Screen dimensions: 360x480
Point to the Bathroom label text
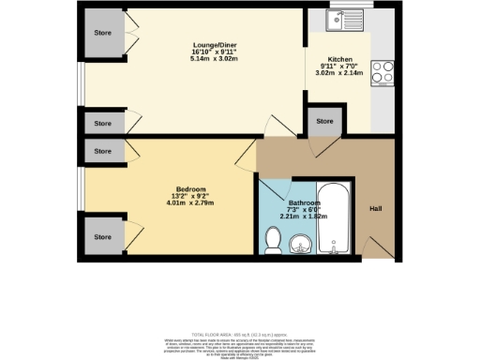tap(305, 203)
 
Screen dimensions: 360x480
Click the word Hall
tap(374, 208)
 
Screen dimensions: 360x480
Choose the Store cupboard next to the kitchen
tap(324, 122)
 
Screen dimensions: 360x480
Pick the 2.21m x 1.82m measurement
tap(305, 218)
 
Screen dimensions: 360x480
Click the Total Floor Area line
tap(240, 334)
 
